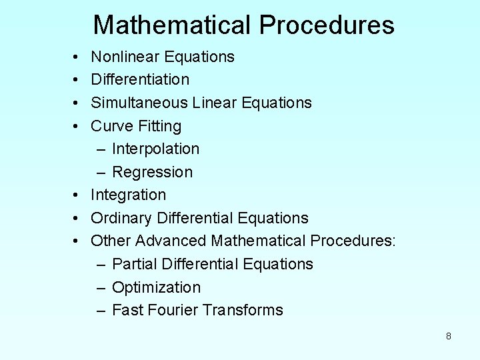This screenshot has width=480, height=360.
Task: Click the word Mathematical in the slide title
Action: (171, 25)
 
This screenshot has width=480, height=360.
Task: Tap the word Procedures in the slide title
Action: (327, 25)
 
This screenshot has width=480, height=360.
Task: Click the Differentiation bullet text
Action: (140, 79)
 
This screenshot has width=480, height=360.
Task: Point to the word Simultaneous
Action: (139, 103)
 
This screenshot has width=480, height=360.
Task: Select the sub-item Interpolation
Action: (155, 149)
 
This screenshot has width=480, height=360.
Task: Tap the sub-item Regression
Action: (152, 172)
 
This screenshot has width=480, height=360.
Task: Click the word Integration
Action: (129, 195)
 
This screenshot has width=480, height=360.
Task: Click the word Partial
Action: (132, 264)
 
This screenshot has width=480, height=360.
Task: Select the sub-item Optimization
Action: (156, 287)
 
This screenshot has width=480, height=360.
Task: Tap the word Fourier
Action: (172, 310)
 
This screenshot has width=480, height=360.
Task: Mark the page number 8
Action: (449, 336)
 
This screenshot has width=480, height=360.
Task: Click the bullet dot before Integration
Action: (77, 195)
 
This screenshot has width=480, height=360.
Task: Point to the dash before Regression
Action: (101, 172)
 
